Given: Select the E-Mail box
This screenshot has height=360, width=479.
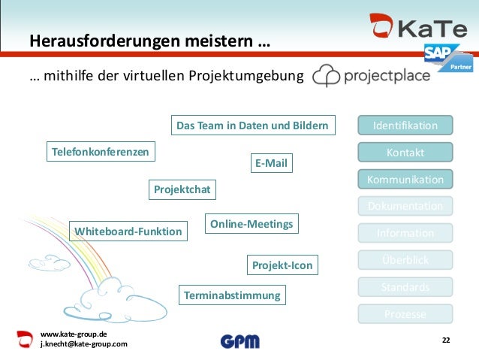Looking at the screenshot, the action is [271, 163].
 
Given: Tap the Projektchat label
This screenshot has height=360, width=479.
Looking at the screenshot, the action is [182, 190].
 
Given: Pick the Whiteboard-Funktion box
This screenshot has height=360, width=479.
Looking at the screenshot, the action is [128, 231].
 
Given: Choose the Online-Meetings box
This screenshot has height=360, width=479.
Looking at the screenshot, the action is [252, 224].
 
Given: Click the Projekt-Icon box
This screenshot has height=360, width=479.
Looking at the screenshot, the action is [282, 265].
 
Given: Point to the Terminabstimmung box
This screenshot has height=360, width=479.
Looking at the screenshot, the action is [232, 295].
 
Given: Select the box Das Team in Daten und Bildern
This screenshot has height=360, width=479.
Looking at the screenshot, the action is [253, 125].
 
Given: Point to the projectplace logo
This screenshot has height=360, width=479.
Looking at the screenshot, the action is [371, 76].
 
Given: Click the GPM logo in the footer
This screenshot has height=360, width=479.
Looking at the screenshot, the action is [239, 341].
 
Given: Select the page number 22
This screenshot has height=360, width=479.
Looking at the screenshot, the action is [446, 341].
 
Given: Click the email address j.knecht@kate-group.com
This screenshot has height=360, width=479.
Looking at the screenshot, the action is [83, 344].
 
